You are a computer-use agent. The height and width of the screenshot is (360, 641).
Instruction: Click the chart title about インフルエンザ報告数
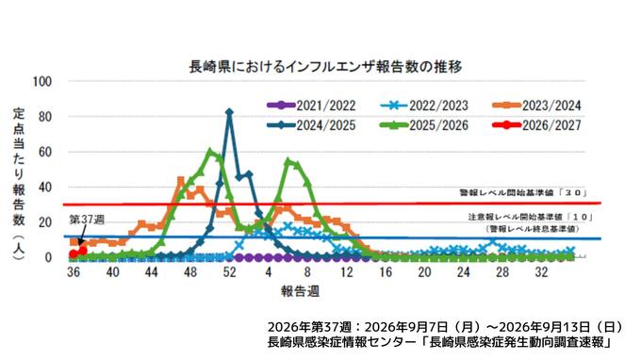325,67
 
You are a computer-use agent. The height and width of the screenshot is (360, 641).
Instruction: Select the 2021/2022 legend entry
311,106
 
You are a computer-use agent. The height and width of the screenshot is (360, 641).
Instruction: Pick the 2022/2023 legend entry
424,106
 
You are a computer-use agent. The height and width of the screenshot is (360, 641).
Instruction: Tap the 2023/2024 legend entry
536,106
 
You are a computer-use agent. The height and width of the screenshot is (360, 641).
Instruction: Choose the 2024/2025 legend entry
311,125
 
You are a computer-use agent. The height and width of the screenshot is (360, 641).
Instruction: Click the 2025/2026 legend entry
424,125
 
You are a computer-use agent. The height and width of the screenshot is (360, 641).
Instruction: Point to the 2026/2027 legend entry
536,125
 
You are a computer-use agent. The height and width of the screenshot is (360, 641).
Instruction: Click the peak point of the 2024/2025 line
229,112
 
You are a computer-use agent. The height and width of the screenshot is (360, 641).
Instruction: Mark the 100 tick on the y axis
42,81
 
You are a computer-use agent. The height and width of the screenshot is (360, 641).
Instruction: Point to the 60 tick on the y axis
45,152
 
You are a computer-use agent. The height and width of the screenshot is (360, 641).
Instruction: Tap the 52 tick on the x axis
229,272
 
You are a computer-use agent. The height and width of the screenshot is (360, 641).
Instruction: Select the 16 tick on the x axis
386,272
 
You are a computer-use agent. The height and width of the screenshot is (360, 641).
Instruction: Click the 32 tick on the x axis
542,272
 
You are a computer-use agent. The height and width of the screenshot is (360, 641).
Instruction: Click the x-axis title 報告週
300,291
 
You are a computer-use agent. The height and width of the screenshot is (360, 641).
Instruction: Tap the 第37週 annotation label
87,220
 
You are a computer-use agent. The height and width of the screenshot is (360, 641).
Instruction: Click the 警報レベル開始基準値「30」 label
523,193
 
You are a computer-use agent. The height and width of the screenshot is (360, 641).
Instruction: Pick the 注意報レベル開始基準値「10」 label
530,217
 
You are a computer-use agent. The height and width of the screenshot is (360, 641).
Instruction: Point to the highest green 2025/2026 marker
210,152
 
